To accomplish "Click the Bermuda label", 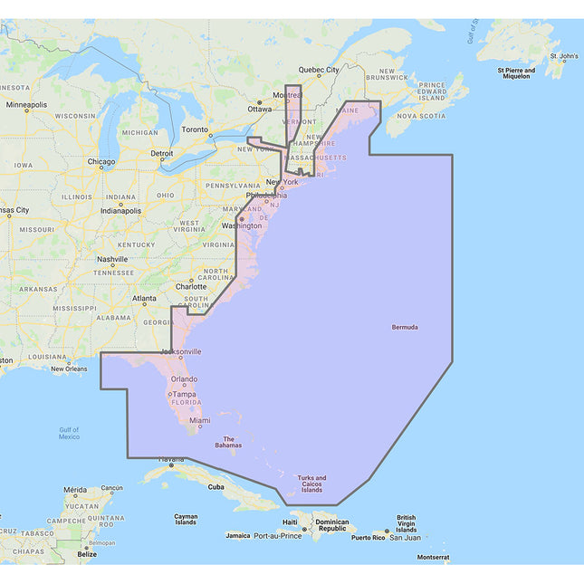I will point(405,327).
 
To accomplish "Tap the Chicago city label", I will point(101,163).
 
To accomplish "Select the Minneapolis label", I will point(25,105).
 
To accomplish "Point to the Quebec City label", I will point(319,69).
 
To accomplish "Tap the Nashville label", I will point(112,259).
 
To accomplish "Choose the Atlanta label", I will point(144,298).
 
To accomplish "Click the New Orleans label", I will point(69,369).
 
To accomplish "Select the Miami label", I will point(200,421).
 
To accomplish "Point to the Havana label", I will point(171,460).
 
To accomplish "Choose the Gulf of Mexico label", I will point(69,433).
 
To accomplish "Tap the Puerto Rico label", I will point(368,537).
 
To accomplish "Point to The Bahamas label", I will point(228,443).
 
